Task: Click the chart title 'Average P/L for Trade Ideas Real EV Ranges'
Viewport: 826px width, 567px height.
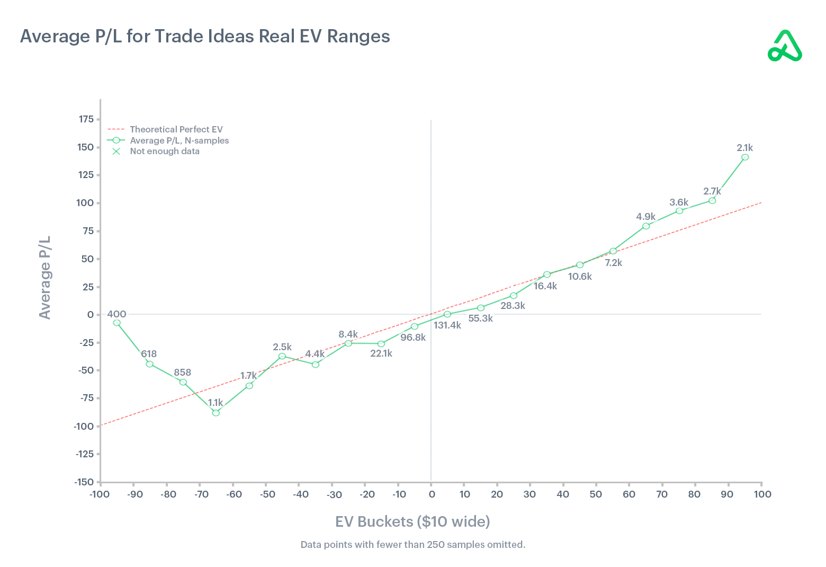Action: click(x=205, y=37)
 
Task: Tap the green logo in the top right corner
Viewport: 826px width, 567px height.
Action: click(x=785, y=47)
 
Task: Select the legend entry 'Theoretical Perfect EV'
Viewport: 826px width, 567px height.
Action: click(x=176, y=129)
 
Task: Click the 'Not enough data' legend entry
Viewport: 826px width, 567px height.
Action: click(x=164, y=151)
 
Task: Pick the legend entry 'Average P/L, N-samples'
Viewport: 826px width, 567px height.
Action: click(x=179, y=140)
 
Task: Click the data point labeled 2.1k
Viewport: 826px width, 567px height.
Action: click(x=745, y=157)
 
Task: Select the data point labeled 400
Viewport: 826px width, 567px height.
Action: click(x=117, y=323)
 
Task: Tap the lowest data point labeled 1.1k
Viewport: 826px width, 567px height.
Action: click(x=216, y=413)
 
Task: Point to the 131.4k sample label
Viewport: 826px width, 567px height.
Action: click(x=447, y=325)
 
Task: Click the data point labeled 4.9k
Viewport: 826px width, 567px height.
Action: click(x=646, y=226)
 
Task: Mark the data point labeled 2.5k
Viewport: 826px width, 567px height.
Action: click(x=282, y=356)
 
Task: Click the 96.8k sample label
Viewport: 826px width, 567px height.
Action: click(x=413, y=338)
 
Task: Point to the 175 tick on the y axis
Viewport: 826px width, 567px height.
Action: click(x=86, y=119)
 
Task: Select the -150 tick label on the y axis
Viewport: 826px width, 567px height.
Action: click(x=84, y=482)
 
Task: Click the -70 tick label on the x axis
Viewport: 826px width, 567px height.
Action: click(x=201, y=495)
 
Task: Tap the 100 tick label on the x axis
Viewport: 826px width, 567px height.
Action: click(x=762, y=494)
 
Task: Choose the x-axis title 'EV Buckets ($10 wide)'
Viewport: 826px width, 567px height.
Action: click(x=412, y=522)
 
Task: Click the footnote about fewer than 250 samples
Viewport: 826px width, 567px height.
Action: click(x=412, y=545)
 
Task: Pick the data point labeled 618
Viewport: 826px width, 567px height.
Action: click(x=150, y=364)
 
